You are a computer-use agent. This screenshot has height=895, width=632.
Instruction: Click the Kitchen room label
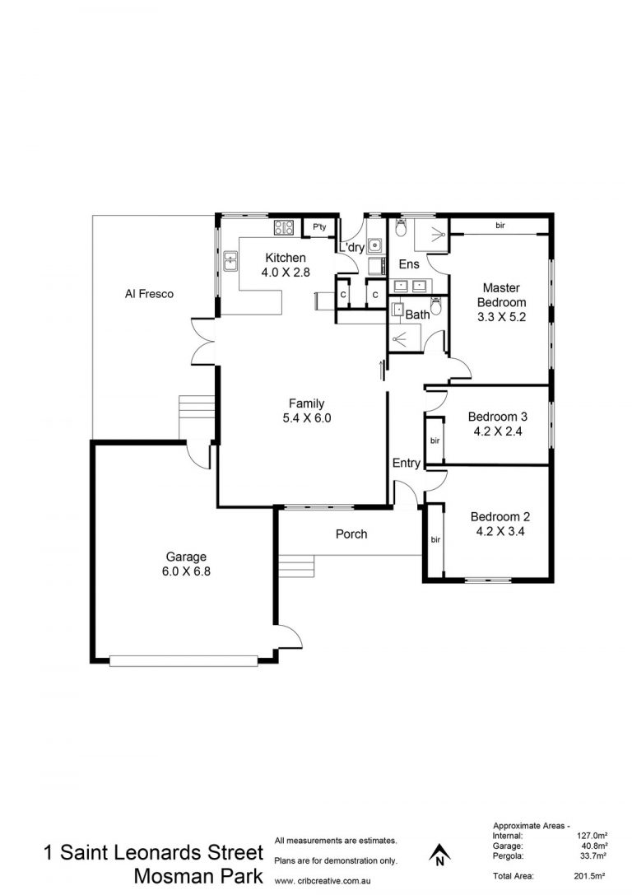[x=286, y=258]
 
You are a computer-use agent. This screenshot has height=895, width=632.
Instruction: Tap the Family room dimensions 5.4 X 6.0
[x=306, y=417]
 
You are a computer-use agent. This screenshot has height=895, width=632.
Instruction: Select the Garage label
[x=186, y=557]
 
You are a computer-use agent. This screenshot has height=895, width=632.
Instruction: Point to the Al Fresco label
[x=149, y=294]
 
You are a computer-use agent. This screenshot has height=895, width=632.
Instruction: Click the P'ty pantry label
[x=319, y=227]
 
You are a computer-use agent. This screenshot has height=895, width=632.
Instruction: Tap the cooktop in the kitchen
[x=284, y=228]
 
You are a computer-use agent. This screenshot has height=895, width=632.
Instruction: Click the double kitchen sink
[x=230, y=263]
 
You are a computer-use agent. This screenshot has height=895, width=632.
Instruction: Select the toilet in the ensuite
[x=401, y=228]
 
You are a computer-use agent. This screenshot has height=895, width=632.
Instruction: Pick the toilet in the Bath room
[x=436, y=307]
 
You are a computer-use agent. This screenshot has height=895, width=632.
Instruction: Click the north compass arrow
[x=439, y=854]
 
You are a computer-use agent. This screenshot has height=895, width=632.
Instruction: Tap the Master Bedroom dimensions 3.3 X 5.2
[x=501, y=317]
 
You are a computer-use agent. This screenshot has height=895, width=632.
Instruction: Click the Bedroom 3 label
[x=497, y=417]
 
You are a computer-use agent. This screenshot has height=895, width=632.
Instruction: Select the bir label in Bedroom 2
[x=435, y=539]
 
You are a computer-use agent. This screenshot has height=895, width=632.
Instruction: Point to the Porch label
[x=351, y=534]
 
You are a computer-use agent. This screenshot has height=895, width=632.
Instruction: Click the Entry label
[x=407, y=463]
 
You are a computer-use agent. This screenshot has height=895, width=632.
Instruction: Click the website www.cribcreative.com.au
[x=323, y=881]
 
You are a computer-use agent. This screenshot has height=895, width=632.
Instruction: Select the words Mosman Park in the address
[x=198, y=876]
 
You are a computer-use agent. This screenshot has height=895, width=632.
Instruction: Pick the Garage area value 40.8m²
[x=593, y=846]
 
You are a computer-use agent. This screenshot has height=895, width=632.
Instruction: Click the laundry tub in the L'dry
[x=374, y=245]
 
